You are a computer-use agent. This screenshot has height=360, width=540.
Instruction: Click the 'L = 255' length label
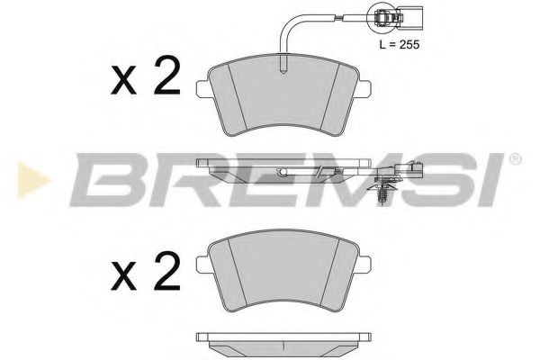pos(396,42)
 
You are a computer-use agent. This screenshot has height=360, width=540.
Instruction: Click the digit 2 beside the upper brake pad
pos(165,79)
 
